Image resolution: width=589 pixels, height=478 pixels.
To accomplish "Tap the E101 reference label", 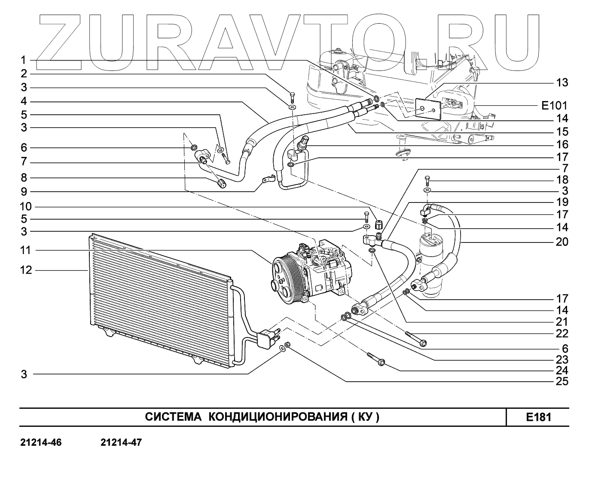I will [554, 105].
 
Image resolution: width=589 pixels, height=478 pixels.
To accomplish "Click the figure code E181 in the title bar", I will [538, 417].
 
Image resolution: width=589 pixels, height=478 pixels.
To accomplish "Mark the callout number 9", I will [24, 192].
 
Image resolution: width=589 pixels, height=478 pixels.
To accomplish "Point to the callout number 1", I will [24, 60].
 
